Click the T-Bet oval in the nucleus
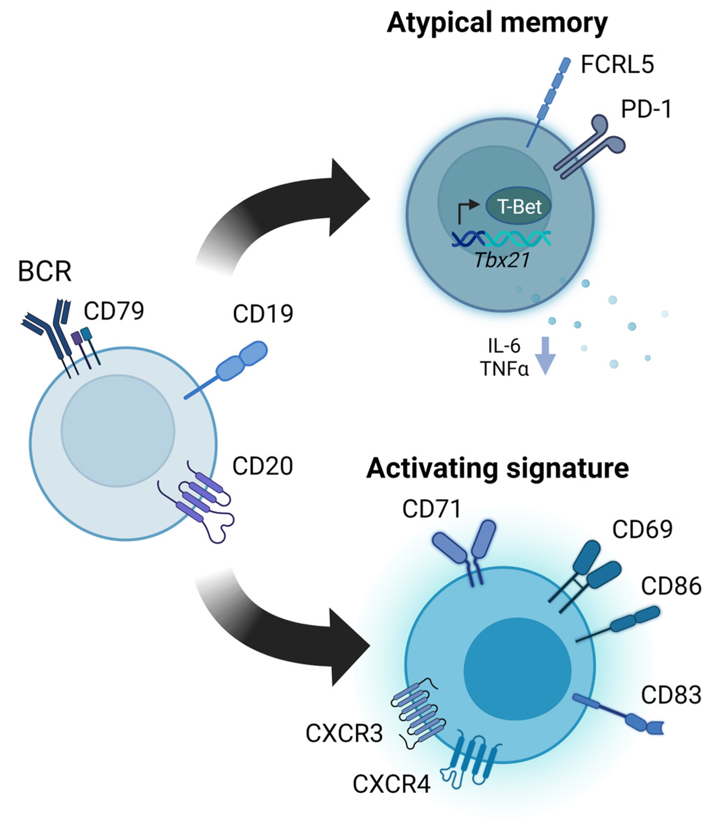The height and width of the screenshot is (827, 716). [518, 206]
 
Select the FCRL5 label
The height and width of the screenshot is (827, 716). [617, 64]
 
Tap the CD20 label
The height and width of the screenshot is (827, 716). [263, 466]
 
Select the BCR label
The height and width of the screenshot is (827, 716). [44, 271]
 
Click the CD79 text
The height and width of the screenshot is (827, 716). [114, 311]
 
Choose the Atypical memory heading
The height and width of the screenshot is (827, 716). [497, 23]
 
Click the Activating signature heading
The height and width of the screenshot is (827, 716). [497, 468]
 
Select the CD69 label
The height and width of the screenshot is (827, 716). [642, 529]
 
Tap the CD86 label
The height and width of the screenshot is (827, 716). [671, 586]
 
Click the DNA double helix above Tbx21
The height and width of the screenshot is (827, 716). [501, 239]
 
